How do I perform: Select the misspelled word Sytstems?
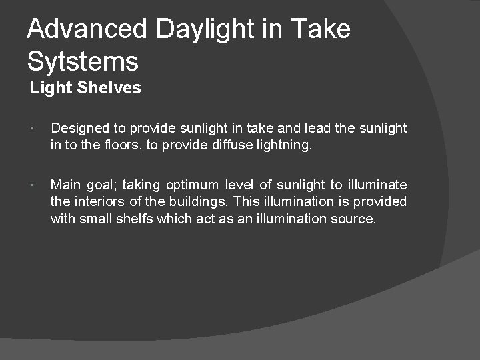coord(83,62)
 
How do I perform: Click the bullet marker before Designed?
coord(32,128)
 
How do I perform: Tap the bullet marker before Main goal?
coord(32,185)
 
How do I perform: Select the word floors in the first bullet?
coord(123,145)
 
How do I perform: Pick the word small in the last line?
coord(95,219)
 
